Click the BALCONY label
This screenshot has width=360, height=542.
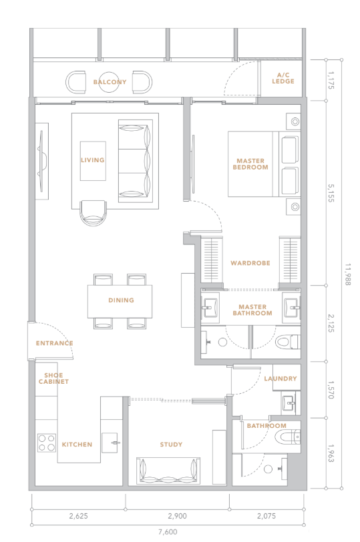(x=110, y=82)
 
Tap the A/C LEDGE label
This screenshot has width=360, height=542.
(x=283, y=78)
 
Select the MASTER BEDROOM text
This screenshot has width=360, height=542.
(x=250, y=164)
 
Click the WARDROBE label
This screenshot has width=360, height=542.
(x=250, y=263)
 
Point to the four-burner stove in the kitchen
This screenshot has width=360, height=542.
(x=47, y=443)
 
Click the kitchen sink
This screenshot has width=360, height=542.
(x=112, y=443)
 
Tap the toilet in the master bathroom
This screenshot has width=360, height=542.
(x=287, y=342)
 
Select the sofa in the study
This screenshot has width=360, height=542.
(x=168, y=471)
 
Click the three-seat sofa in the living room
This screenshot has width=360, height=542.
(x=135, y=161)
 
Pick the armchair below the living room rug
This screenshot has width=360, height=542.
(x=94, y=213)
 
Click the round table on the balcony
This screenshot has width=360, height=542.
(x=109, y=82)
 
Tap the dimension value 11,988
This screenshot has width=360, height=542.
(x=348, y=274)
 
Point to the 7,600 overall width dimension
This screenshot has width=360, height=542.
(x=168, y=532)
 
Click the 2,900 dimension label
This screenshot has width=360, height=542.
(x=178, y=516)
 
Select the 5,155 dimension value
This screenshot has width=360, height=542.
(x=331, y=193)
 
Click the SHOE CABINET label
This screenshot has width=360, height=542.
(x=53, y=378)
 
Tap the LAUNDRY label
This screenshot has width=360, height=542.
(x=281, y=378)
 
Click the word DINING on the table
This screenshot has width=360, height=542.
(x=121, y=300)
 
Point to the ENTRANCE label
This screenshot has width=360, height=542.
(x=54, y=343)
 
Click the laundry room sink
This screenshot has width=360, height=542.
(x=289, y=402)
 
